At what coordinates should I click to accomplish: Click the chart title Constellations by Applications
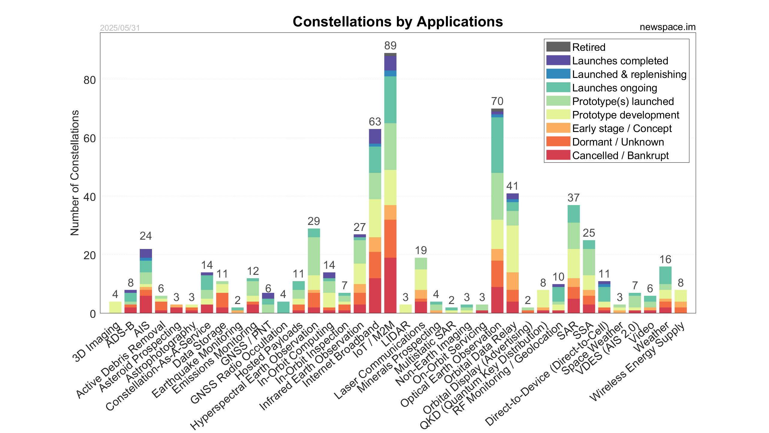point(397,22)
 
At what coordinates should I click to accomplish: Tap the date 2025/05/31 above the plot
point(120,28)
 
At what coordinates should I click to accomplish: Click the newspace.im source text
point(667,27)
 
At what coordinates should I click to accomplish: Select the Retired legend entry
point(588,47)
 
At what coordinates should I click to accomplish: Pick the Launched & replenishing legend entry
point(629,74)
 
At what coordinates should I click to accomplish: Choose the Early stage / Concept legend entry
point(622,128)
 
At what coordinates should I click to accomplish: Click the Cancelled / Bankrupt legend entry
point(620,155)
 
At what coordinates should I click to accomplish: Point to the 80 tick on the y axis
point(90,80)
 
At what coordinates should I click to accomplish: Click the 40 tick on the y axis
point(90,197)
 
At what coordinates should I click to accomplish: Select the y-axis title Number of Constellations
point(74,173)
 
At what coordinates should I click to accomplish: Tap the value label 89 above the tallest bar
point(390,46)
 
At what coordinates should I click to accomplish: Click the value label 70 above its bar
point(497,101)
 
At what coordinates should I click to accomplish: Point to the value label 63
point(375,122)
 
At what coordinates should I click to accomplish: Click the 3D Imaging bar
point(115,307)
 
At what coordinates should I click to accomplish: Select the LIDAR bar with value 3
point(406,309)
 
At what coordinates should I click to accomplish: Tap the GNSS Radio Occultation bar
point(283,307)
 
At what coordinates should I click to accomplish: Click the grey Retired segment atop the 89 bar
point(390,54)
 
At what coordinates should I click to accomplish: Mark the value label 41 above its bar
point(512,186)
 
